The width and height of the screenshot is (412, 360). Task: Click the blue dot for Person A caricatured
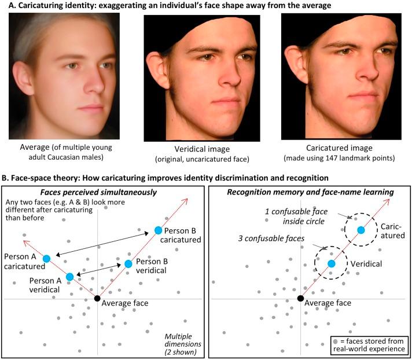[x=46, y=258]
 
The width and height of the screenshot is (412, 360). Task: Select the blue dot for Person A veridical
[x=69, y=277]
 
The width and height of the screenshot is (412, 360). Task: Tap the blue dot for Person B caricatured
[x=158, y=230]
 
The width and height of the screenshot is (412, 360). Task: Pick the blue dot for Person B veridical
[x=128, y=264]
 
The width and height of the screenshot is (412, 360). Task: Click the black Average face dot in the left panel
[x=97, y=298]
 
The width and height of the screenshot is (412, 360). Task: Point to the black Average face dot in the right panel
[x=300, y=298]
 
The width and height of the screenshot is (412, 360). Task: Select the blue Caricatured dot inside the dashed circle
[x=361, y=230]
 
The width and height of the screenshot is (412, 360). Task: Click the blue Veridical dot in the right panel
[x=332, y=264]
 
